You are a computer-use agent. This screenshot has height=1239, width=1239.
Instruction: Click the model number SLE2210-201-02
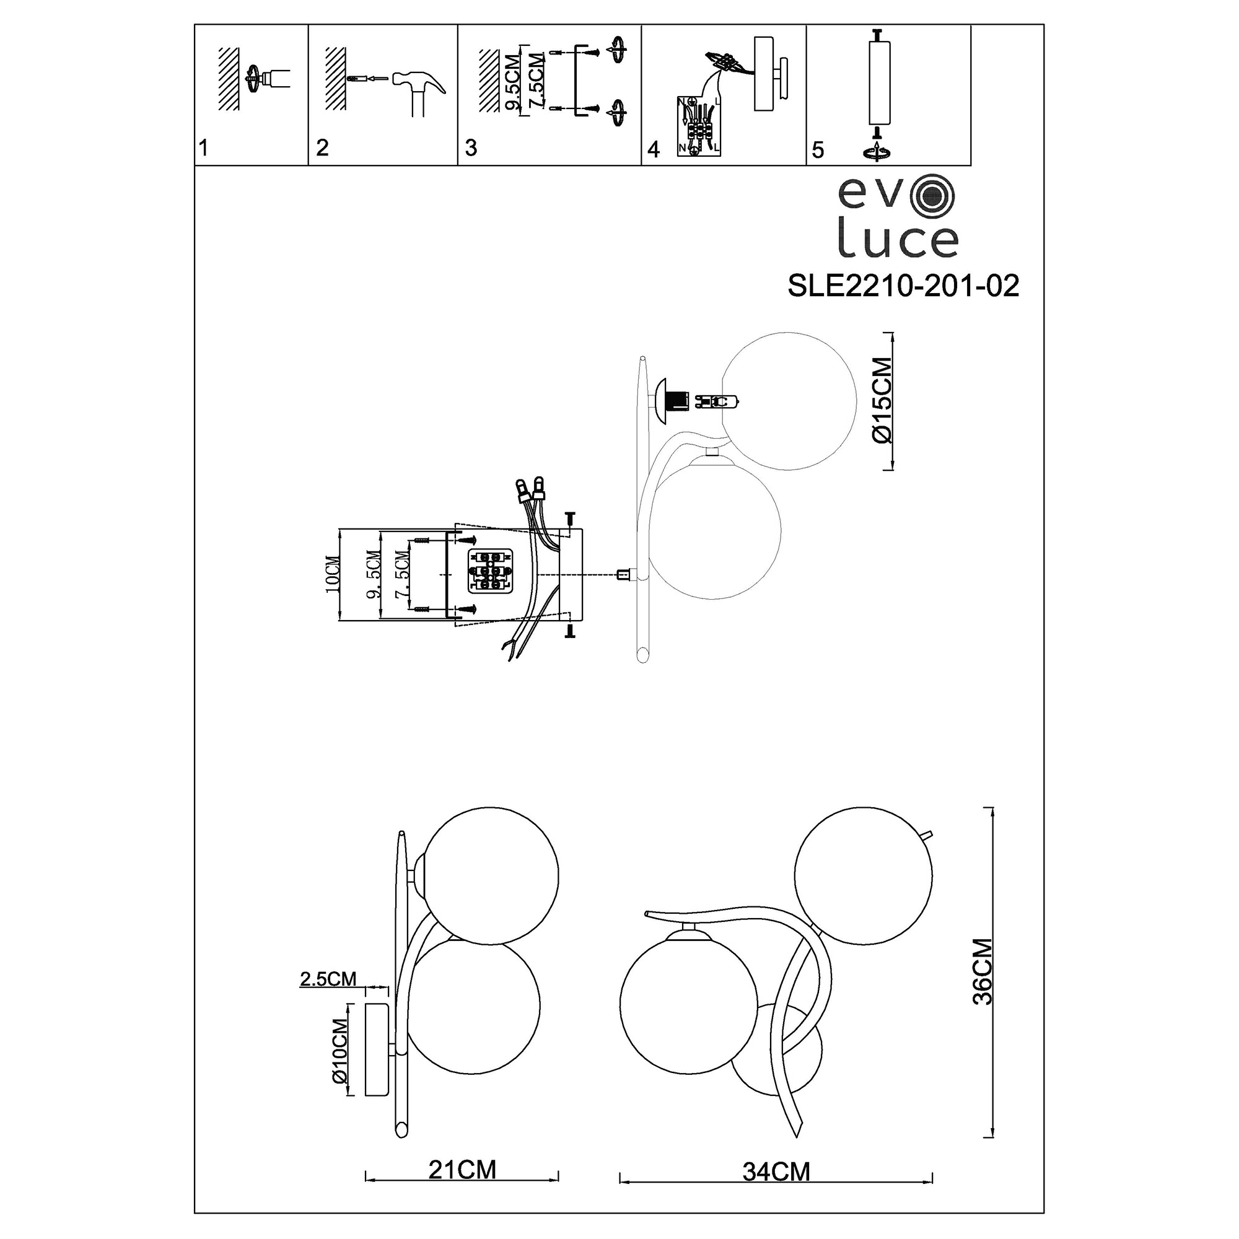click(x=903, y=286)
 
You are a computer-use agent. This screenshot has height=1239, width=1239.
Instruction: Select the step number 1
click(x=204, y=149)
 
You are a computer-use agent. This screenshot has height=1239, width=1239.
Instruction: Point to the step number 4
click(x=654, y=149)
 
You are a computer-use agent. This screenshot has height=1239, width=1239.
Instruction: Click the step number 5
click(x=818, y=149)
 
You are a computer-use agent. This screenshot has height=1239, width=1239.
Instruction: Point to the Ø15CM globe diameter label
click(x=882, y=401)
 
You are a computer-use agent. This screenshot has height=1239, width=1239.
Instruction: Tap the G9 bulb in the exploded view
click(x=719, y=402)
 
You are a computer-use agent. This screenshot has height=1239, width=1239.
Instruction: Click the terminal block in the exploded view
click(x=489, y=569)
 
